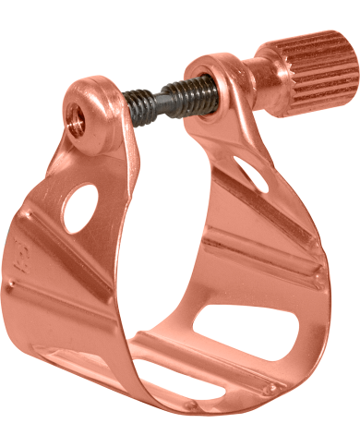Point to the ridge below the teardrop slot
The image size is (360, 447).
[277, 231]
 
